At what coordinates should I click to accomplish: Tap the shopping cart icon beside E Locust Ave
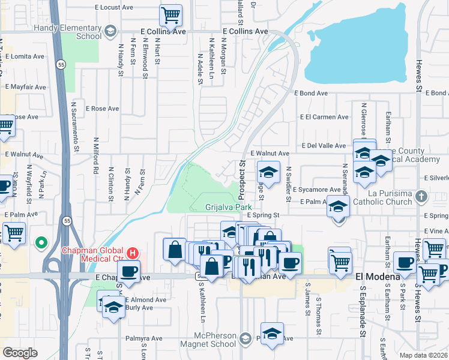tap(170, 14)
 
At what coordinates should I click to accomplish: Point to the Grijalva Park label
tap(229, 207)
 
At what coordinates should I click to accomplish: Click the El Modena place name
tap(378, 277)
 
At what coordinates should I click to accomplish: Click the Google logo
tap(20, 353)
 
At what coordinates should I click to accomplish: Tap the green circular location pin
tap(41, 243)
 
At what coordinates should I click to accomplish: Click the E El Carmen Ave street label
tap(323, 118)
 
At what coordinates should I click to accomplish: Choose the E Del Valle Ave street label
tap(324, 145)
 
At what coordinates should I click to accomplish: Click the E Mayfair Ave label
tap(25, 87)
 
